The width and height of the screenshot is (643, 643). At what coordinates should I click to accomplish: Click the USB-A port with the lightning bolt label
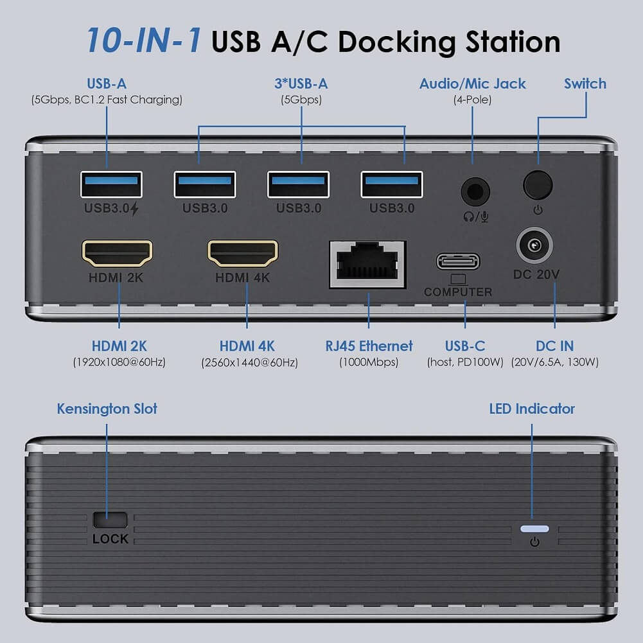(111, 185)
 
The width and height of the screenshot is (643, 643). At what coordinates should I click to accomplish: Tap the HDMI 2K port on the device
(117, 254)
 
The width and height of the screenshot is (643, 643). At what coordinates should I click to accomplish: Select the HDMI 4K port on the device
(242, 254)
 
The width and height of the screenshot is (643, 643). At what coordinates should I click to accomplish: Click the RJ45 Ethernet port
(367, 264)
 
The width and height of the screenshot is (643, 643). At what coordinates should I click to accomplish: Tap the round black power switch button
(538, 185)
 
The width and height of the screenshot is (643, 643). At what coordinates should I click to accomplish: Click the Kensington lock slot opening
(110, 518)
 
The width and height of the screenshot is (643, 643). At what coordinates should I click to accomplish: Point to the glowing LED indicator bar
(534, 529)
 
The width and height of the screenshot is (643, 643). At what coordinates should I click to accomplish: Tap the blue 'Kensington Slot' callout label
(107, 409)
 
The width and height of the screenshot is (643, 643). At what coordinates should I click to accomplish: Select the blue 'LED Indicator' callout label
(532, 409)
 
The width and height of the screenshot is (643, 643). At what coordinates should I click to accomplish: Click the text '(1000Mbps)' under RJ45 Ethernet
(369, 362)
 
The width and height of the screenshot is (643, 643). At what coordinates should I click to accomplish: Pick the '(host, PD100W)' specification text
(464, 362)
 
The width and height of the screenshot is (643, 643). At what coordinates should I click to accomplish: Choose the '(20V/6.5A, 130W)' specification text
(555, 362)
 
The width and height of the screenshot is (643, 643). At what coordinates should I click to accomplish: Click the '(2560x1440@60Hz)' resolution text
(249, 363)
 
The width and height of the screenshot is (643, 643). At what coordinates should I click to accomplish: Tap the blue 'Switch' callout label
(585, 84)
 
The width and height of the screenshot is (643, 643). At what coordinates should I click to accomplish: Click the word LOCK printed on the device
(110, 539)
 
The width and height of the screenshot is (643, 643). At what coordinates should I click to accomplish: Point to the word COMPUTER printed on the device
(458, 292)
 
